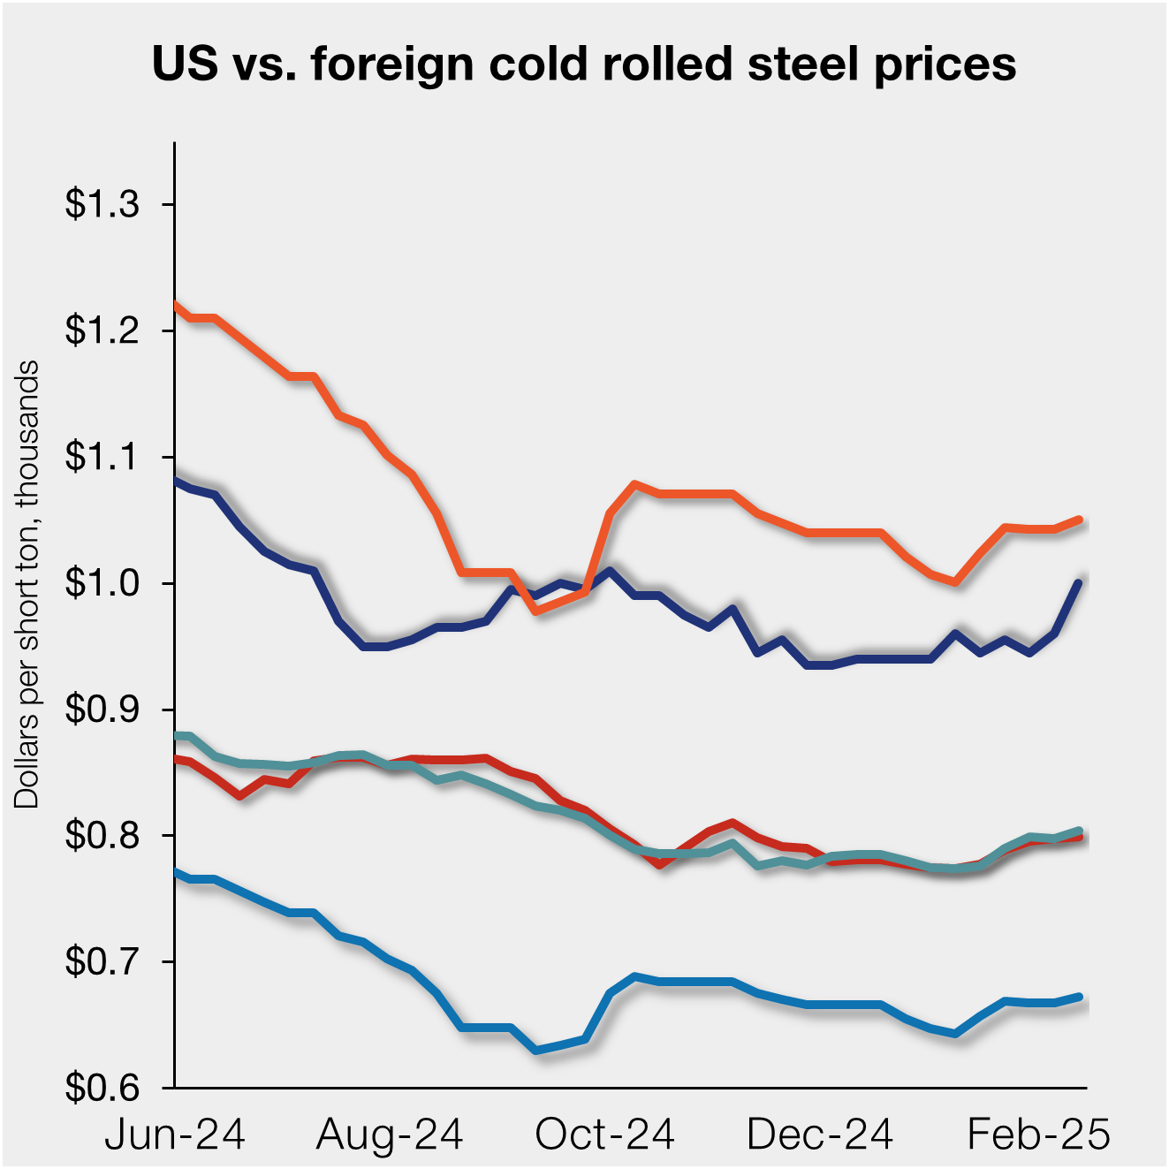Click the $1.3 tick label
coord(102,205)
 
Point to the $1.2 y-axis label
coord(102,331)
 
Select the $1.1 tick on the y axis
coord(102,458)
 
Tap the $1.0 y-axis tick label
coord(102,584)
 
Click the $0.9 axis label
coord(102,710)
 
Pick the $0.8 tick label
coord(102,836)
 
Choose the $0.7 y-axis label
coord(102,962)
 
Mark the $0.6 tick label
coord(102,1089)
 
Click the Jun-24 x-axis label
coord(175,1135)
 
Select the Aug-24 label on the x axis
coord(390,1135)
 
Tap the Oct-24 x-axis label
coord(605,1135)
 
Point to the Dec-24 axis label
coord(820,1135)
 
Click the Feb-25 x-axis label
coord(1038,1135)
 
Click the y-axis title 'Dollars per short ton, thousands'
coord(27,584)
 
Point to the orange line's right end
coord(1079,520)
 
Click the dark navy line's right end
coord(1079,582)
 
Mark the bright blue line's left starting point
coord(177,873)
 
